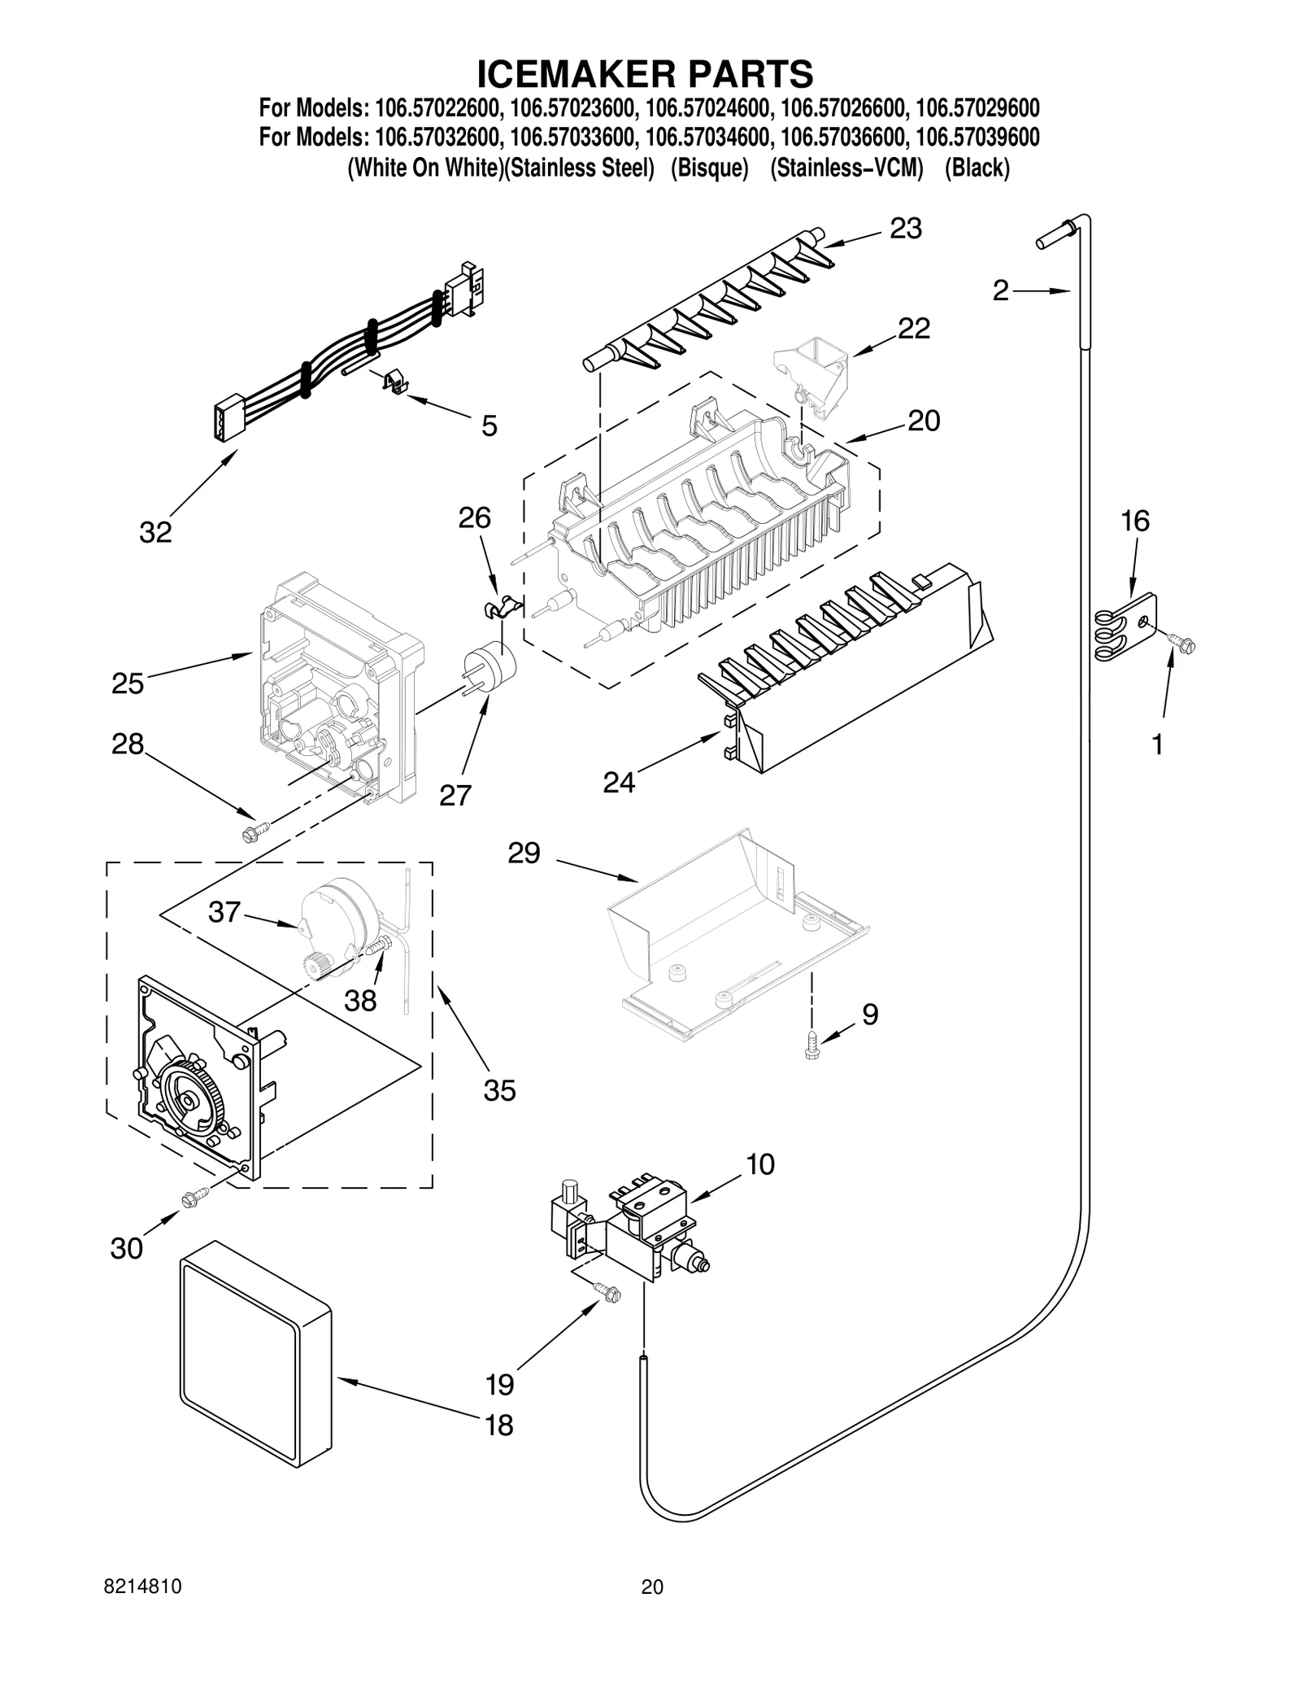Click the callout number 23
point(905,229)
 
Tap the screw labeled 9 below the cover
point(811,1044)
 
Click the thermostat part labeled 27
point(490,670)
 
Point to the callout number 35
point(499,1090)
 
